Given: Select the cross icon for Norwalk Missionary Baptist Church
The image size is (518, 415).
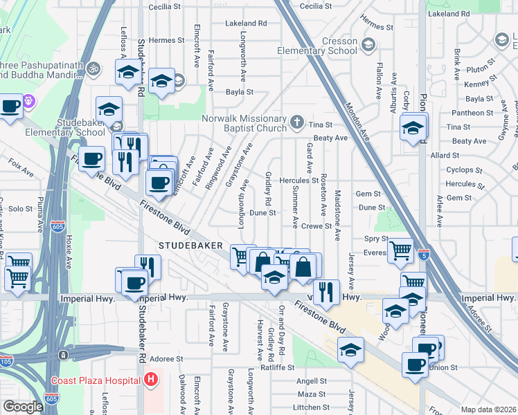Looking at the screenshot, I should [x=297, y=122].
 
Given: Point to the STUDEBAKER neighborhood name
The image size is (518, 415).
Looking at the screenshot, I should [x=190, y=246].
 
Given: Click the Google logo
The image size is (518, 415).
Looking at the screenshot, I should [x=23, y=407].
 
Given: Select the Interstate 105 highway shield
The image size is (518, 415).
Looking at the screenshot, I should [x=6, y=361].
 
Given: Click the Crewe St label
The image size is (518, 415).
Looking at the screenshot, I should [x=317, y=225].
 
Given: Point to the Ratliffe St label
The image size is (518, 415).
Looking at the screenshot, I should [x=277, y=367].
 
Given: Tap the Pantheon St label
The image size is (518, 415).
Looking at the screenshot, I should [x=471, y=113].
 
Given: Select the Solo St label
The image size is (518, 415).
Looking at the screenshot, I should [x=21, y=208].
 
